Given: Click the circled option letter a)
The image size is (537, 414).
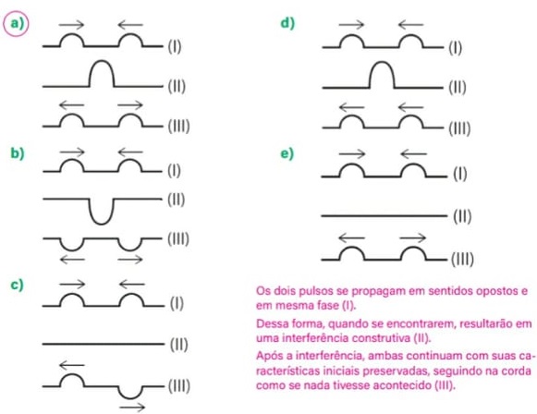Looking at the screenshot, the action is point(17,24).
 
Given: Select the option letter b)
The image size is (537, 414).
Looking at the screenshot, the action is point(18,153).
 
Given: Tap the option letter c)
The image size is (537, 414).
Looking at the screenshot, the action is point(18,285).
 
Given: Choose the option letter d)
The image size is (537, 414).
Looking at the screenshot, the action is point(287,24).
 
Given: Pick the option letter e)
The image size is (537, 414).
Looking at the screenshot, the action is point(287,153).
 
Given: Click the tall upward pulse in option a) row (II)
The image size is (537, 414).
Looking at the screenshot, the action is point(102,62).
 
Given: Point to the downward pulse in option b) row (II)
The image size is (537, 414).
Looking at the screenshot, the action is point(102,224).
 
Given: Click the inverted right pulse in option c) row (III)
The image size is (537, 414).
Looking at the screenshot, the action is point(130,397).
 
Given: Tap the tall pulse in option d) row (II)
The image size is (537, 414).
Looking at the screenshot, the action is point(382,63).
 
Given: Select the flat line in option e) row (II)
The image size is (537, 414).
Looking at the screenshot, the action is point(384,215).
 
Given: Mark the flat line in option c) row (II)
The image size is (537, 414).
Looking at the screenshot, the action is point(104,344).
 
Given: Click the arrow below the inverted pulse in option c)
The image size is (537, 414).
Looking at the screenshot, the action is point(132,408).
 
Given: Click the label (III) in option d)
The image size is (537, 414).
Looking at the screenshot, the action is point(459,128).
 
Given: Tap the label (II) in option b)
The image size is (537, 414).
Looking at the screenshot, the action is point(177,200).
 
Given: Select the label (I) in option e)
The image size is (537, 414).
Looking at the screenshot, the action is point(460,175).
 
